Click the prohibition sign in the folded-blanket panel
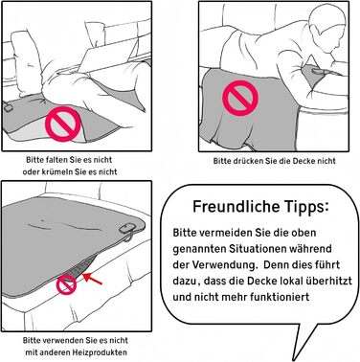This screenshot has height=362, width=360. click(63, 124)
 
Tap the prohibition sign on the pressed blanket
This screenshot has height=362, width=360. click(240, 98)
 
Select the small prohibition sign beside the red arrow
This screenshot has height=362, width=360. click(67, 284)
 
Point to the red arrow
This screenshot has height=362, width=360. click(93, 279)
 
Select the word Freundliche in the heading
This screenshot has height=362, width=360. click(235, 206)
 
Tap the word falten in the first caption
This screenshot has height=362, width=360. click(57, 159)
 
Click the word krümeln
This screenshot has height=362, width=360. click(57, 171)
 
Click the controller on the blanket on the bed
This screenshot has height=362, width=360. click(127, 228)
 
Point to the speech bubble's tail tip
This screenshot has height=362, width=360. click(293, 360)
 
